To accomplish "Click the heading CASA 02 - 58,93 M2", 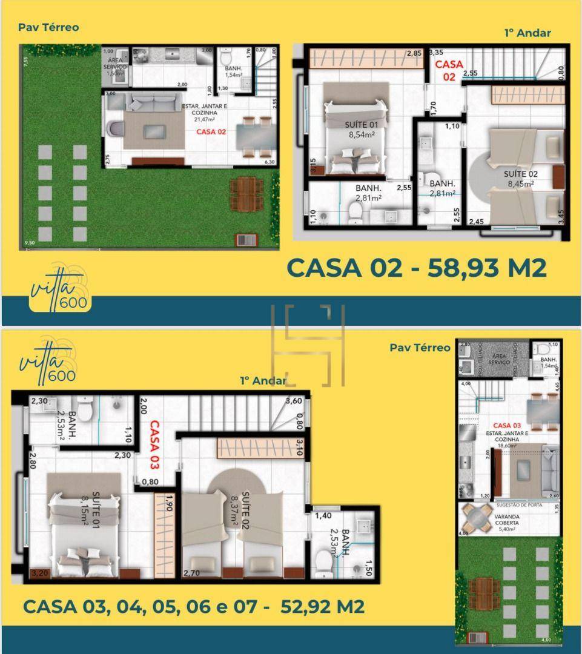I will (x=416, y=267).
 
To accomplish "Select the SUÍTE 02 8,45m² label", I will (x=520, y=179).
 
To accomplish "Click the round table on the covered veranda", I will (x=475, y=519).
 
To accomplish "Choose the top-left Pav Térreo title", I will (x=48, y=27).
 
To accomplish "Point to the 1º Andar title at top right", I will (x=527, y=33).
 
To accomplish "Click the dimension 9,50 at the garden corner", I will (x=29, y=243).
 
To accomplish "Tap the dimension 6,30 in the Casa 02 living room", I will (x=269, y=162).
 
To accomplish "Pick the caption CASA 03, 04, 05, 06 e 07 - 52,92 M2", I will (x=194, y=606).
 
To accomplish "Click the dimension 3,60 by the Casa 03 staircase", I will (x=294, y=401).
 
